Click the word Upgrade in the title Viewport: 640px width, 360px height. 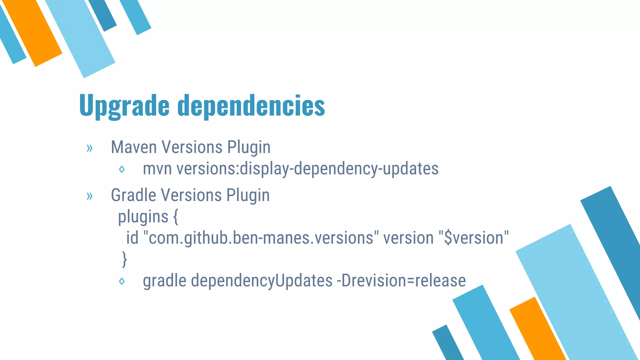coord(124,106)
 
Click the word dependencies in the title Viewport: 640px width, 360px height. coord(251,106)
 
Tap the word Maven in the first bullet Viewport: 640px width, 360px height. coord(133,147)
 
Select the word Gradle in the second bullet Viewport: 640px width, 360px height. coord(133,195)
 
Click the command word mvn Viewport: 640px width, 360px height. coord(157,169)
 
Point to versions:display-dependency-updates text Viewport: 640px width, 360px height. coord(307,169)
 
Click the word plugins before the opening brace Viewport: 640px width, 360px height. coord(143,217)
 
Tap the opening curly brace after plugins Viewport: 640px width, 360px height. coord(176,217)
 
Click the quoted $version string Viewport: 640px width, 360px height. coord(474,238)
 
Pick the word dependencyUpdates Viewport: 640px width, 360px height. coord(262,281)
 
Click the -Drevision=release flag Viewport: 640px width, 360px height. coord(401,281)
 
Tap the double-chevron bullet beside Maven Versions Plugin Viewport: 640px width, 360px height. coord(90,148)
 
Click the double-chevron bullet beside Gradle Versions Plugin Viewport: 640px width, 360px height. coord(90,196)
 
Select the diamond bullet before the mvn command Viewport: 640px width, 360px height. coord(122,169)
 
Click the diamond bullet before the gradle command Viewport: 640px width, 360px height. coord(122,281)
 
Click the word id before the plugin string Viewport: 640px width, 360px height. coord(132,238)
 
